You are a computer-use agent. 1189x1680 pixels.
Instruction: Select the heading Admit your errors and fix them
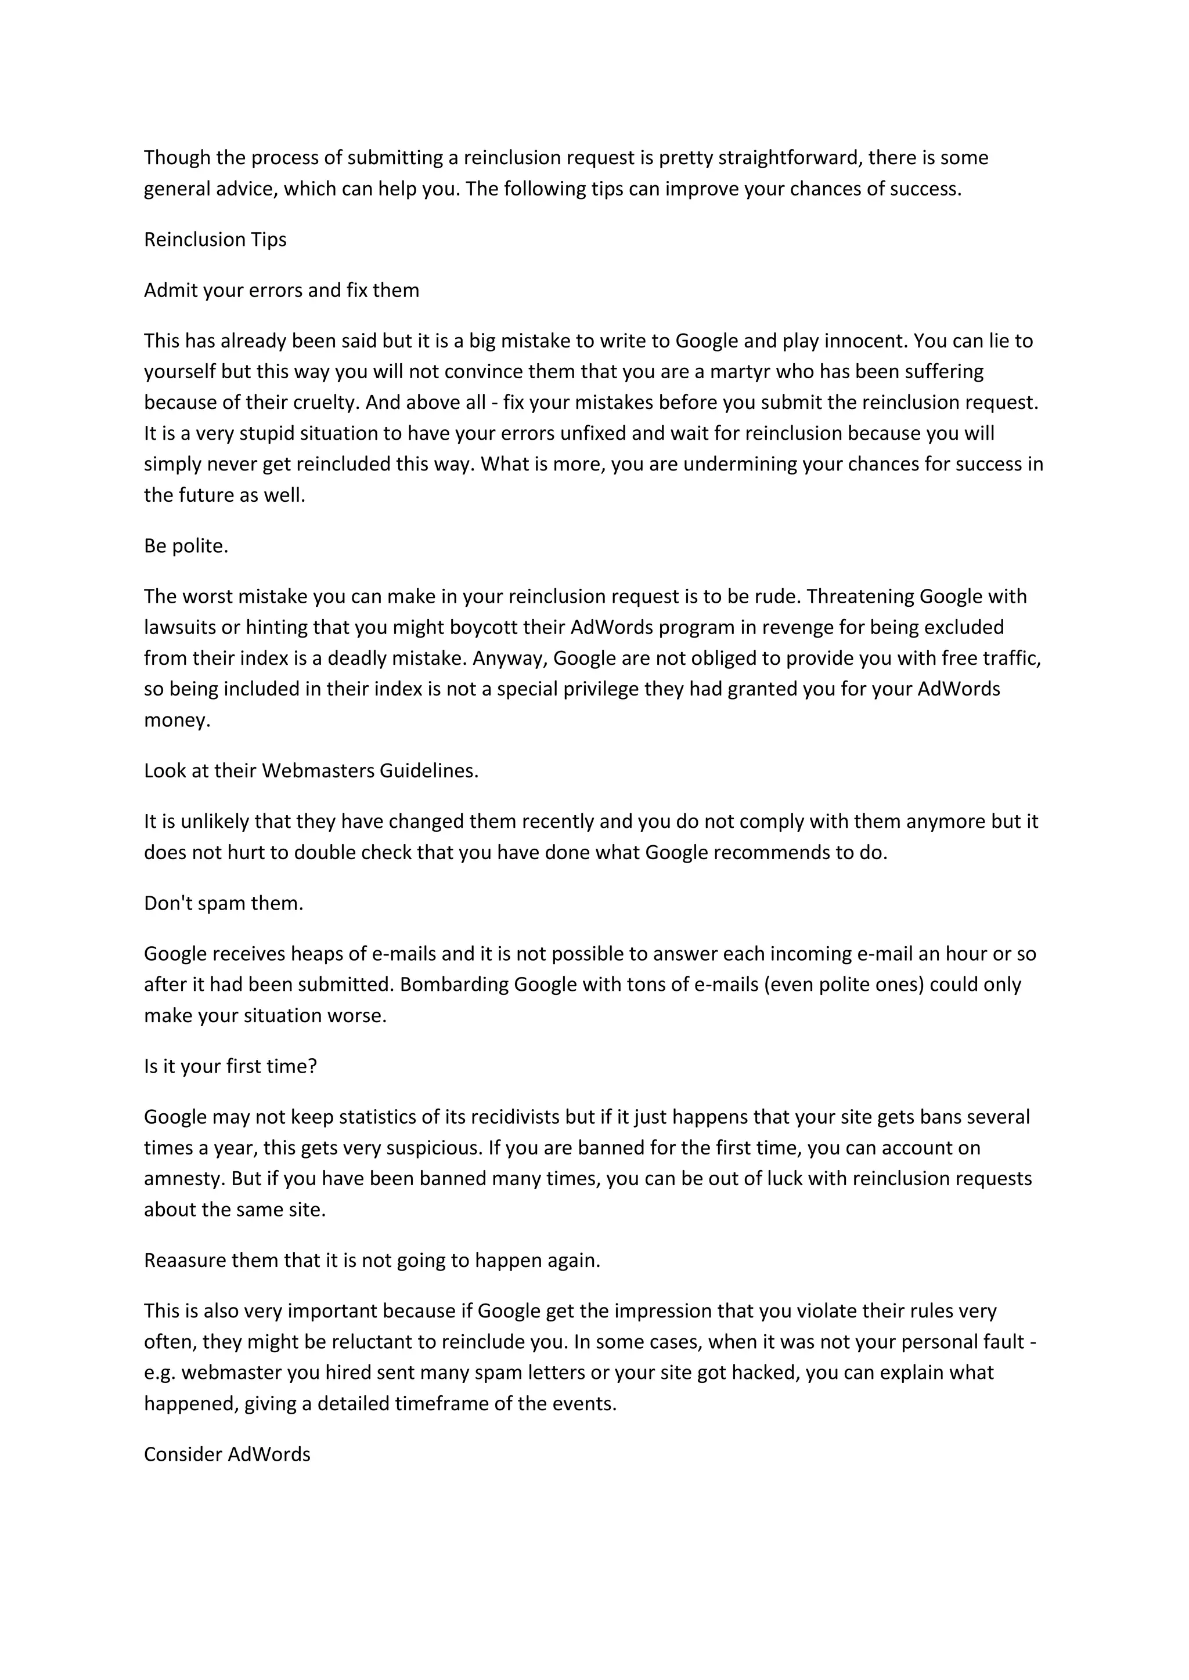click(281, 291)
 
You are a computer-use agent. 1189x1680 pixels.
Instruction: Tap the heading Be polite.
click(186, 546)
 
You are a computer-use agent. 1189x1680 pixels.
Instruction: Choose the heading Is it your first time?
click(230, 1066)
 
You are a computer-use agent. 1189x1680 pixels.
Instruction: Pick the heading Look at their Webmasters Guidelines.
click(311, 770)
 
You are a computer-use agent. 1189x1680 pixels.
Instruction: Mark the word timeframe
click(442, 1403)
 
